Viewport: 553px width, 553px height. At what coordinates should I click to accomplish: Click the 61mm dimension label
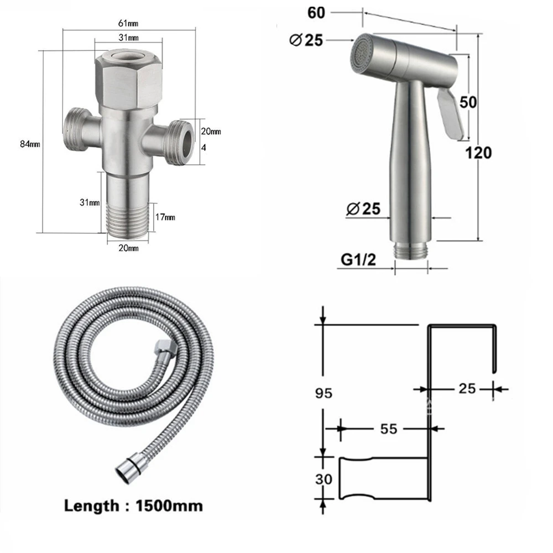128,23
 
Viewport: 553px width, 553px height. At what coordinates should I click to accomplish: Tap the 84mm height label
30,144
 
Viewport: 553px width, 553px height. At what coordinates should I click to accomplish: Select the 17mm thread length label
165,217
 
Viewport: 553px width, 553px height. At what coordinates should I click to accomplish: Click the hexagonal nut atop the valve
128,78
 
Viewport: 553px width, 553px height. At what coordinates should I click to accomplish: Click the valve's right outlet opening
187,139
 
